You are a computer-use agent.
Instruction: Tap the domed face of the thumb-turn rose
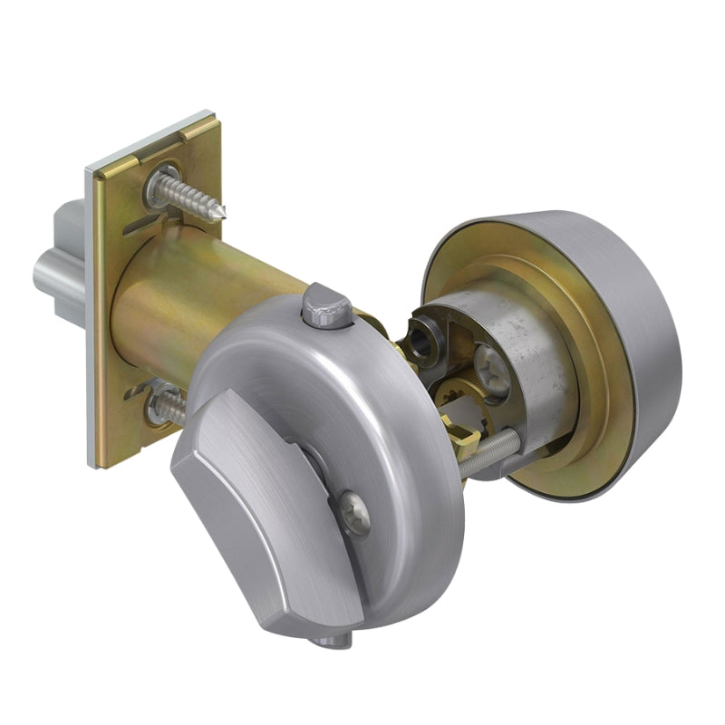click(399, 426)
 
